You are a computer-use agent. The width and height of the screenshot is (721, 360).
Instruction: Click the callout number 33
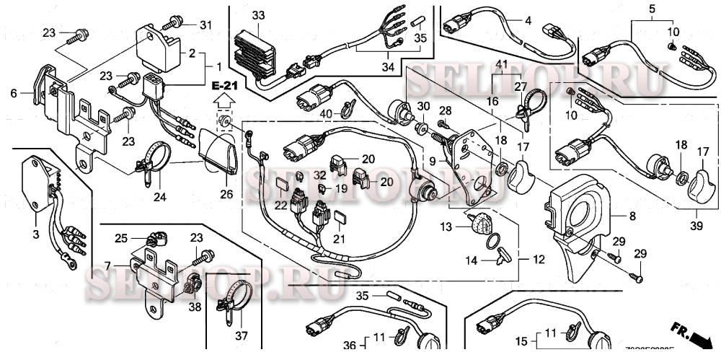258,15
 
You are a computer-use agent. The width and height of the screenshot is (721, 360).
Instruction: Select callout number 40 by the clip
324,113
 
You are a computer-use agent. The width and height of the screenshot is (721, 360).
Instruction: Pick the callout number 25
120,237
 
